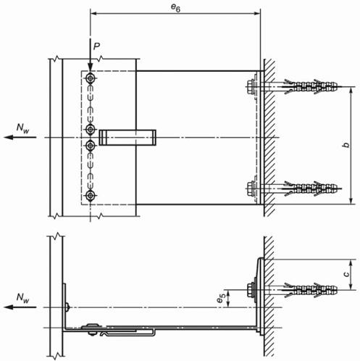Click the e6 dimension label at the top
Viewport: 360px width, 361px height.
[175, 8]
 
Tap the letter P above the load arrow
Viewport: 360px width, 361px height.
[96, 46]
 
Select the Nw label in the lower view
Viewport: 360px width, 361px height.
[22, 298]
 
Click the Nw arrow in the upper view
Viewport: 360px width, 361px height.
[20, 137]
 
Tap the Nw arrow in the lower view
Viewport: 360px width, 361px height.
[20, 307]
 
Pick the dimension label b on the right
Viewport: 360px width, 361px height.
[346, 145]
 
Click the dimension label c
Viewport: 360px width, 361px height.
[346, 274]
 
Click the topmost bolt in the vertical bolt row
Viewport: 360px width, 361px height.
[91, 78]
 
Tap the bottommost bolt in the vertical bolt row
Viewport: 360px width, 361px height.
[91, 196]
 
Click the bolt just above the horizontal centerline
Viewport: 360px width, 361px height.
[91, 130]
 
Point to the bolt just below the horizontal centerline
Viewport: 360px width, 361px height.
[91, 145]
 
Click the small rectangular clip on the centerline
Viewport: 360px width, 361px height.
[127, 138]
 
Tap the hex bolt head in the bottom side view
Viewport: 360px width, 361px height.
[251, 289]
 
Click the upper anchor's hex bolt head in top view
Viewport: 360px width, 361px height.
[251, 86]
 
